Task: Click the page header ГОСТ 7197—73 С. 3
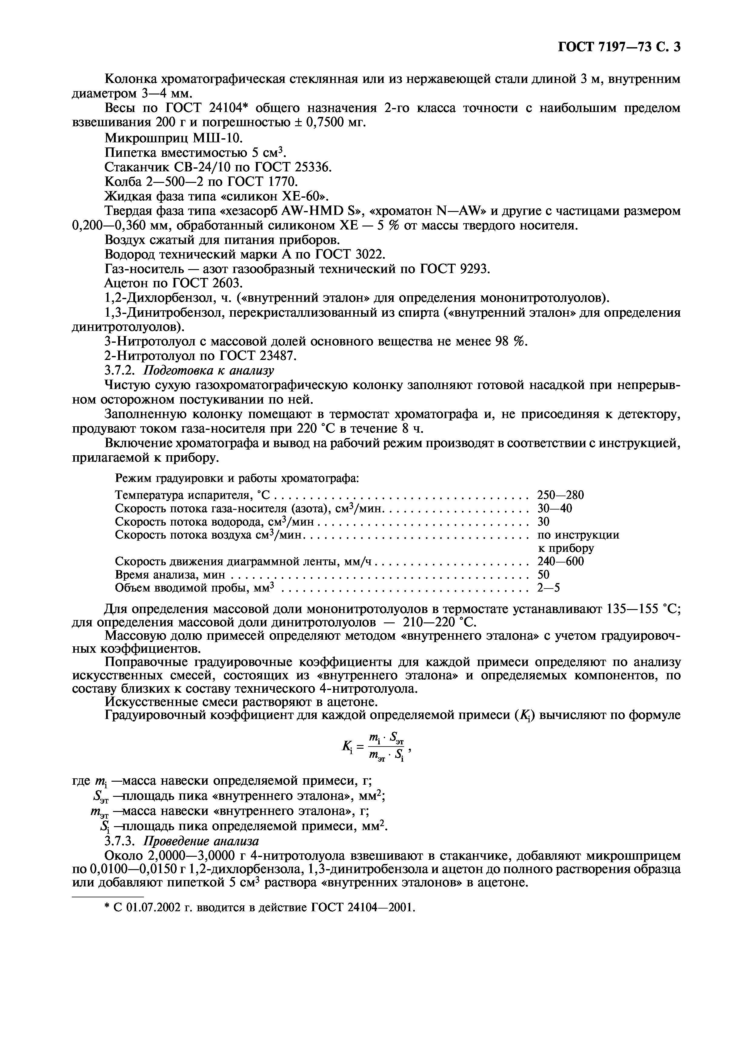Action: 619,47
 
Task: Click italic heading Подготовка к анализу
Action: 209,371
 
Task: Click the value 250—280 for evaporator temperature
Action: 560,495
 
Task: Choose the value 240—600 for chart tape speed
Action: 560,562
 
